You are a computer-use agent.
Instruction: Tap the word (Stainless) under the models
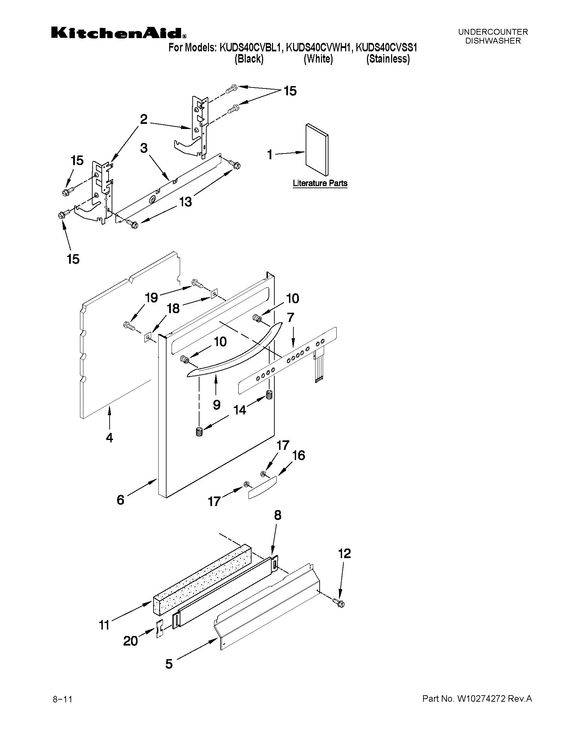[388, 59]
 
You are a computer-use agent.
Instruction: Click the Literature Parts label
[320, 183]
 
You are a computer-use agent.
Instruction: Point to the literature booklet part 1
[317, 150]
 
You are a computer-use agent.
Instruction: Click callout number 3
[144, 148]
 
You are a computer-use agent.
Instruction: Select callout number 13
[185, 202]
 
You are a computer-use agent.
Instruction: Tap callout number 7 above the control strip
[290, 317]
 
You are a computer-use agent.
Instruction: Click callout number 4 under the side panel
[109, 438]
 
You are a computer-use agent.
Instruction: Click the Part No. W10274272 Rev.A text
[477, 699]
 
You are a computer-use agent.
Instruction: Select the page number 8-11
[62, 699]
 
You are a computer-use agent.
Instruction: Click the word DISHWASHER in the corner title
[493, 41]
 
